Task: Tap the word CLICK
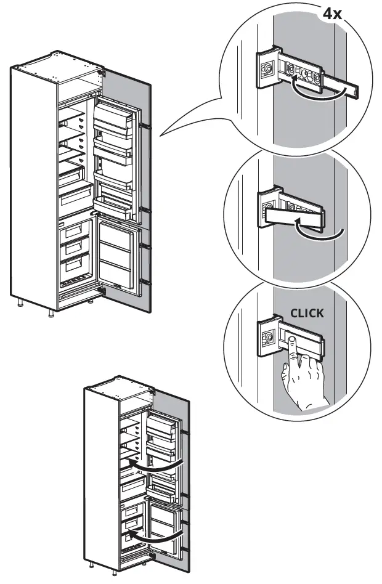306,313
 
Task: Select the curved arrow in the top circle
315,90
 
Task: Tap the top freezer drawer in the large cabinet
73,232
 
